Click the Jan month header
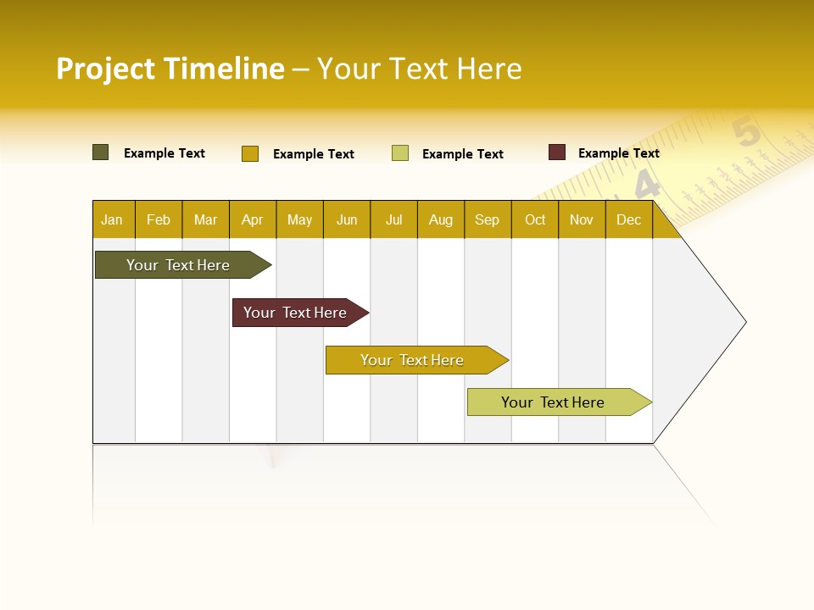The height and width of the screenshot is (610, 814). click(x=113, y=219)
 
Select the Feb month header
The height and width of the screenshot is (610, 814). click(x=159, y=219)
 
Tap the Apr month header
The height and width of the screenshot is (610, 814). click(x=253, y=219)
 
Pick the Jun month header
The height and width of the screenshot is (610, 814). click(x=347, y=219)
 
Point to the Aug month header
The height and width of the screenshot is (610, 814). click(x=441, y=219)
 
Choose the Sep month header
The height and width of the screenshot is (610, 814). click(x=488, y=219)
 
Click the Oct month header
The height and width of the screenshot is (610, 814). click(x=535, y=219)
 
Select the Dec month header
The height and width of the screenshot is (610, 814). click(x=629, y=219)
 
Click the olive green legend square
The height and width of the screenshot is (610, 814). click(x=101, y=152)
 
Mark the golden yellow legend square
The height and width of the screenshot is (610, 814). click(x=250, y=153)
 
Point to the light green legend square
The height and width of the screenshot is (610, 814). click(x=400, y=153)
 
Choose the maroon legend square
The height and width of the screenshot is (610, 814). click(x=557, y=152)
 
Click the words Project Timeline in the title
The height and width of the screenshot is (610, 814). click(x=170, y=69)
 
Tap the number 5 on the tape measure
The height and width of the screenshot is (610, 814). click(x=746, y=133)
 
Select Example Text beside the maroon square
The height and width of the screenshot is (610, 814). click(x=619, y=153)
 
